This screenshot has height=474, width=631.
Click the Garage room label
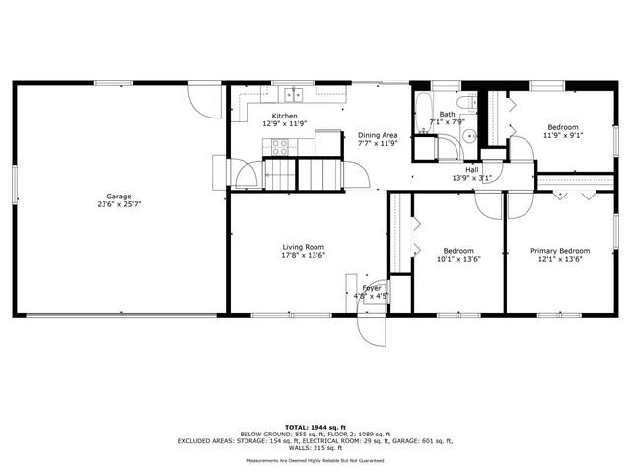[x=119, y=197]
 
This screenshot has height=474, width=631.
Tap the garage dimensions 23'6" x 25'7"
[x=119, y=205]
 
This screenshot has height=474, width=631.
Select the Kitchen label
[x=278, y=117]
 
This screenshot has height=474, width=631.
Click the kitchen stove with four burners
[x=280, y=147]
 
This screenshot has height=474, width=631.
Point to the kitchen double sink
[x=293, y=95]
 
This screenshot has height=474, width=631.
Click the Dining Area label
[x=377, y=135]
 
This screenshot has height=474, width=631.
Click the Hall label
[x=472, y=170]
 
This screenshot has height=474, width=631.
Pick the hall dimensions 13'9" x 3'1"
[x=472, y=179]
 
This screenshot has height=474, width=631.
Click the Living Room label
[x=304, y=247]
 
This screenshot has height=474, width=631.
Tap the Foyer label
[x=371, y=287]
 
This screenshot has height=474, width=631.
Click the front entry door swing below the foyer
[x=371, y=328]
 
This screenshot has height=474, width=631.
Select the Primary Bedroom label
[x=560, y=251]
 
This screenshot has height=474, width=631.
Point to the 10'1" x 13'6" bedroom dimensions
[x=458, y=260]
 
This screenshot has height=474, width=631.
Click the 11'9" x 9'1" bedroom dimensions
[x=563, y=136]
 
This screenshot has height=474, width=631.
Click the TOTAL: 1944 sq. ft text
[x=315, y=426]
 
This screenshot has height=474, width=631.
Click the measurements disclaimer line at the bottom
[x=315, y=460]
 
